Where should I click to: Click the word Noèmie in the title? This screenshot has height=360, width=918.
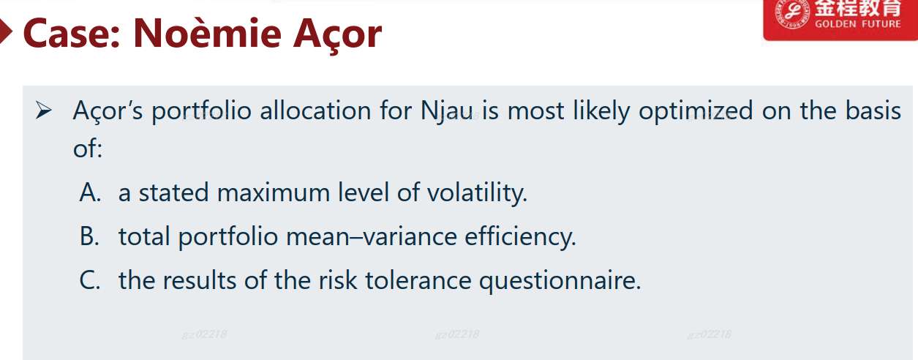[207, 33]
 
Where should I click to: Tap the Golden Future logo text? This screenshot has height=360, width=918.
[857, 24]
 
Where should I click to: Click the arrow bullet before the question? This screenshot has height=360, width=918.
[43, 110]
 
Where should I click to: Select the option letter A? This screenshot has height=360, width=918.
[90, 192]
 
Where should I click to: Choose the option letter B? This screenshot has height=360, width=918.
[89, 236]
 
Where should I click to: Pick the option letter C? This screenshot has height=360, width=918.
[89, 280]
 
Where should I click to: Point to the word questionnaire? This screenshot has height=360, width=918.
[560, 281]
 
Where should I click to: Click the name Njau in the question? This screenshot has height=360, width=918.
[447, 111]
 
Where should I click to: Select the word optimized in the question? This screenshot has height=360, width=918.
[696, 111]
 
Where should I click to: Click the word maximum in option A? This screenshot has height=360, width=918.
[274, 192]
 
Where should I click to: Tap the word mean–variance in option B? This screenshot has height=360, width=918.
[372, 237]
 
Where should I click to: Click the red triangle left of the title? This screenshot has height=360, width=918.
[6, 31]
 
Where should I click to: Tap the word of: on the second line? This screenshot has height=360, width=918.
[87, 149]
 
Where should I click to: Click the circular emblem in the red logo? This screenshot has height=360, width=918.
[792, 13]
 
